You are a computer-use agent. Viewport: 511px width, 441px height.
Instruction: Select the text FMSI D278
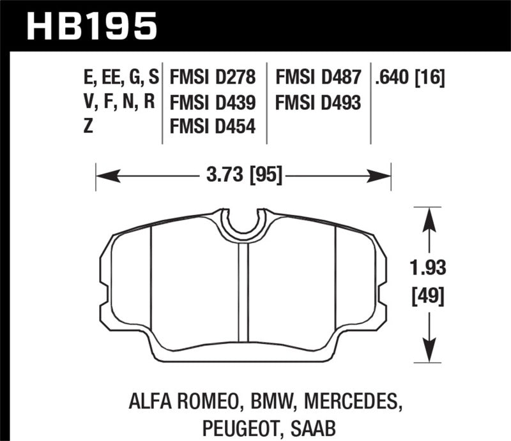click(x=213, y=78)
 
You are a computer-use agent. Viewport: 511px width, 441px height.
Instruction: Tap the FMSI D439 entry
click(x=213, y=102)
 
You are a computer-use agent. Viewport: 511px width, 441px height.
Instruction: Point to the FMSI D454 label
click(x=213, y=126)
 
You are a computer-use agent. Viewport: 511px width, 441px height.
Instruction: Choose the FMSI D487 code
click(x=318, y=78)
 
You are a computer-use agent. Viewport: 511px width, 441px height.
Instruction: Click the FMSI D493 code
click(x=318, y=102)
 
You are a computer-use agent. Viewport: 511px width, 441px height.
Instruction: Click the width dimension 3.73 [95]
click(x=243, y=173)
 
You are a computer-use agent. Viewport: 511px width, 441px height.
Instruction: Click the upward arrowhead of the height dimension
click(x=428, y=218)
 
